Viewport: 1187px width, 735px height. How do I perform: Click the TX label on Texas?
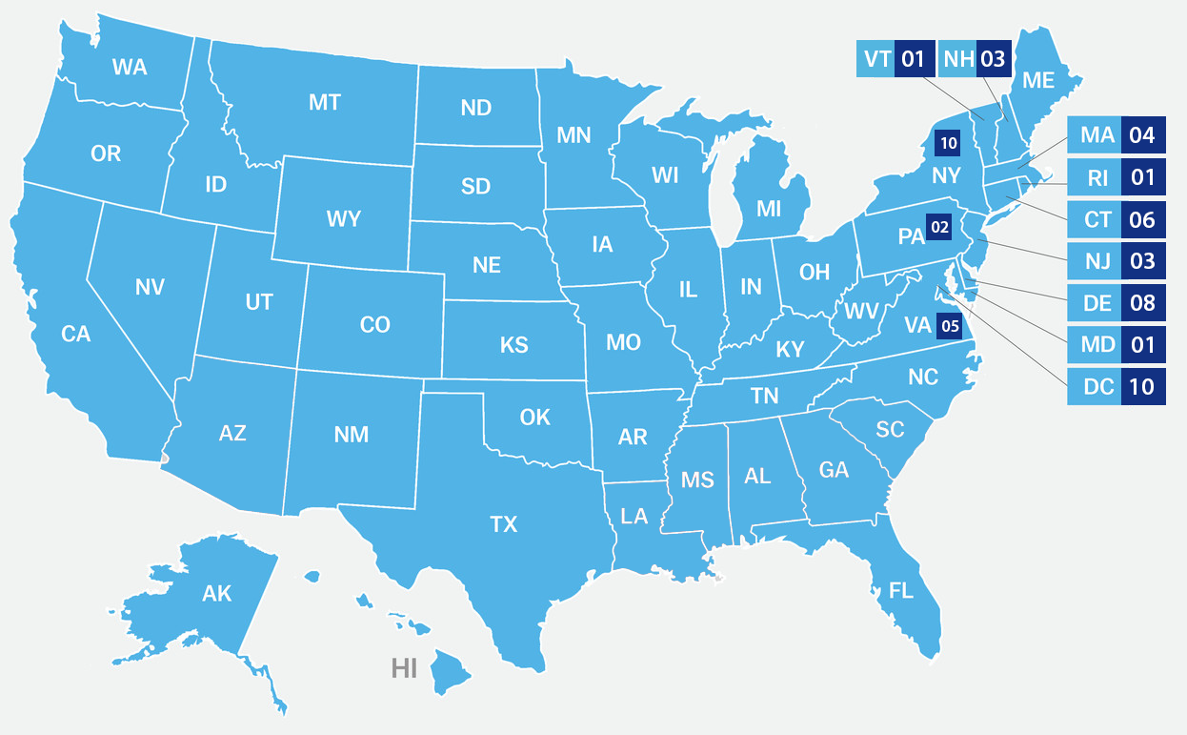[503, 524]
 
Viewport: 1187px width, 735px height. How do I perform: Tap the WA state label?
[129, 67]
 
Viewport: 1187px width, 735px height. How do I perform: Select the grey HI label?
[404, 667]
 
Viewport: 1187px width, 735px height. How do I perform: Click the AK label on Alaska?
[217, 594]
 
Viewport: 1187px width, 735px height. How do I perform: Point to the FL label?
[900, 591]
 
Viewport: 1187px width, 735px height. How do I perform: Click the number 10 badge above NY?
[948, 144]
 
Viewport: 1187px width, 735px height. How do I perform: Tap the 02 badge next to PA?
[940, 227]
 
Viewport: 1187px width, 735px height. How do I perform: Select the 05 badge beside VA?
[950, 326]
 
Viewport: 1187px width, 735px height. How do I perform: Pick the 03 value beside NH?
[992, 60]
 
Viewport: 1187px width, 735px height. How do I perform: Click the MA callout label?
[1096, 135]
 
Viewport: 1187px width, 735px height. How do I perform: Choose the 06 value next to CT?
[1141, 219]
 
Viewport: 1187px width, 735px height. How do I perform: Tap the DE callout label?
[1096, 303]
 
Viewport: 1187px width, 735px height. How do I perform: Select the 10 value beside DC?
[1141, 387]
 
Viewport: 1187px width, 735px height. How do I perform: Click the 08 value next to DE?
[1141, 303]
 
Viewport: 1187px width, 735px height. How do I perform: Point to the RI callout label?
[1096, 177]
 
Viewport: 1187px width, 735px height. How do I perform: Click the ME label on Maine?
[1038, 81]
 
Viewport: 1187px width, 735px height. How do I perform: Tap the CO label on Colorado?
[375, 325]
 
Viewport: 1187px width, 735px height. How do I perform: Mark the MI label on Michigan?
[769, 208]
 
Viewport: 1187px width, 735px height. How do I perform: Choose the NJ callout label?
[1096, 261]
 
